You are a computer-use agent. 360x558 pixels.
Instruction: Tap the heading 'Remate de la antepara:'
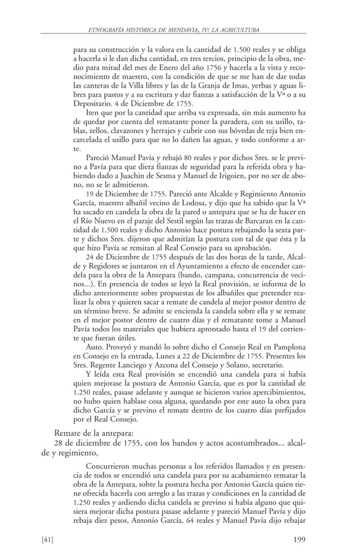pyautogui.click(x=93, y=432)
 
